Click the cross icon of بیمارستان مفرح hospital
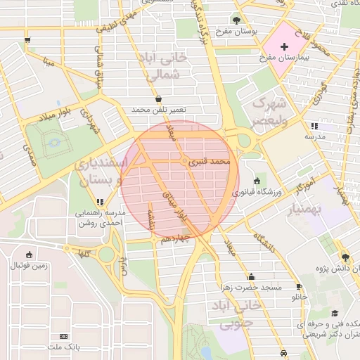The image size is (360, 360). click(x=284, y=47)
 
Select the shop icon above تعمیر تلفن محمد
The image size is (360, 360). click(x=158, y=99)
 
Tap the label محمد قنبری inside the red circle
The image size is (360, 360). click(x=215, y=162)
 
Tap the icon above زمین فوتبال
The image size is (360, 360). click(x=28, y=254)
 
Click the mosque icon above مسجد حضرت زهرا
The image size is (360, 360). click(x=251, y=276)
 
